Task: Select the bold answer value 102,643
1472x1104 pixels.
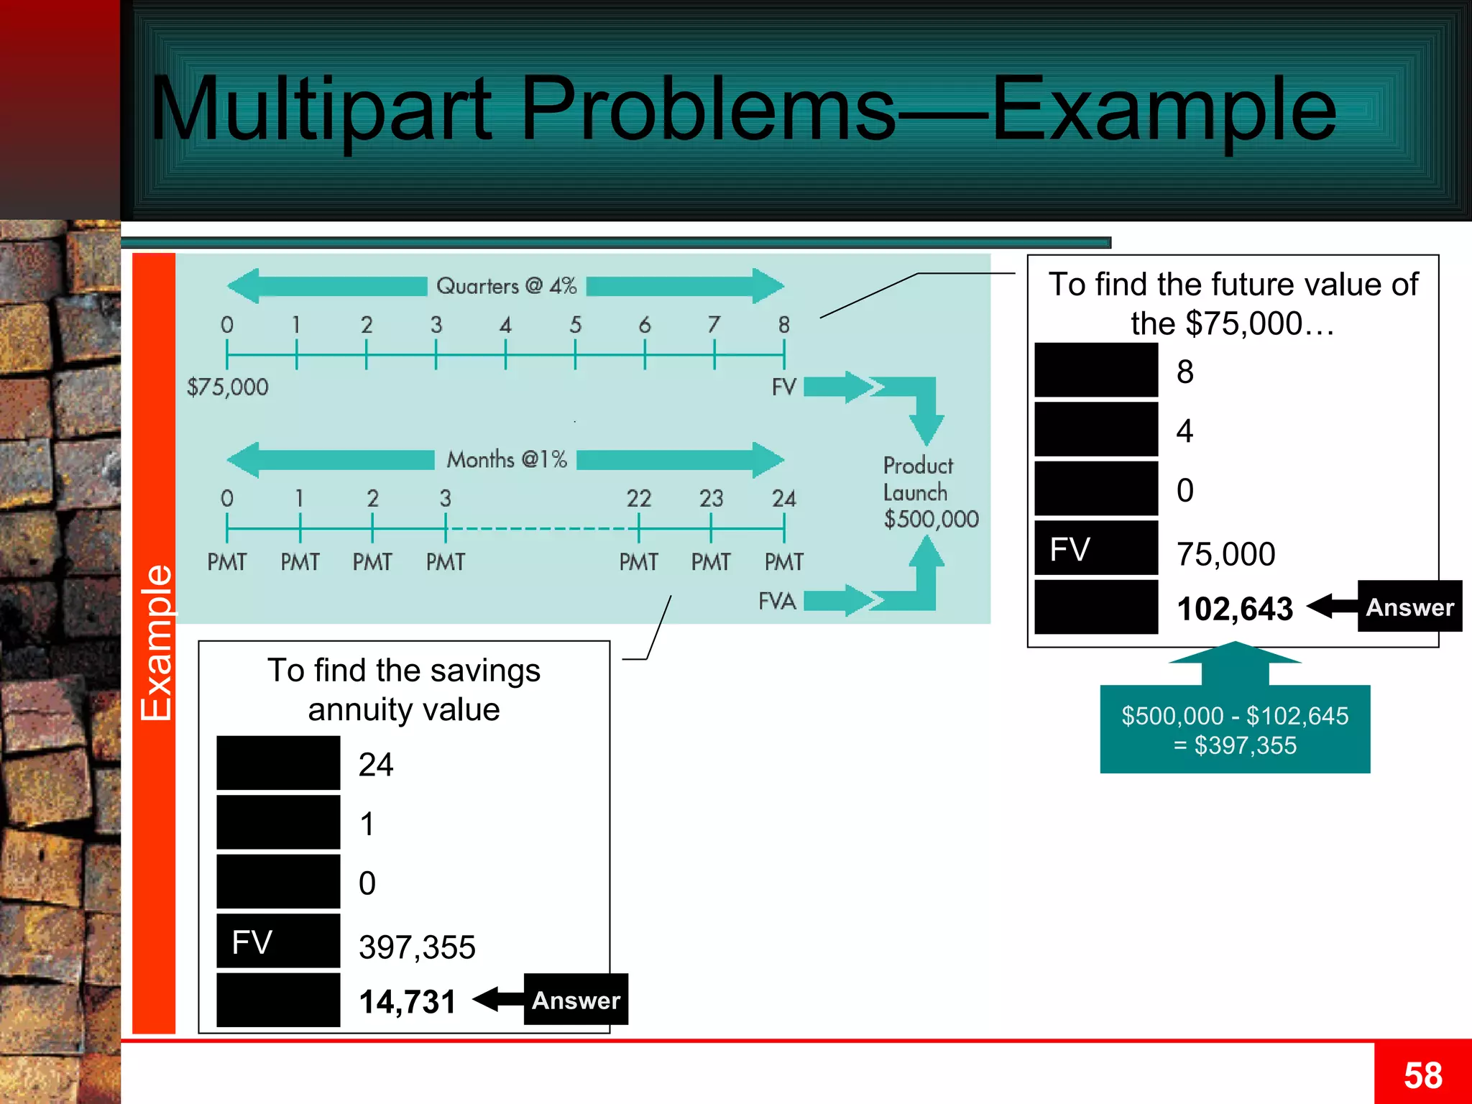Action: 1235,609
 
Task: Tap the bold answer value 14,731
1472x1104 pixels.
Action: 408,1002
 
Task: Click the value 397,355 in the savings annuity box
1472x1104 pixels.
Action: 417,947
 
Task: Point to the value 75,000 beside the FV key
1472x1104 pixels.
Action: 1225,554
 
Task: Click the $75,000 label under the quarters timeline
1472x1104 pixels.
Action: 227,387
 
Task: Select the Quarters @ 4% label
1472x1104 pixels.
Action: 507,286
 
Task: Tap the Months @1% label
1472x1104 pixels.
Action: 507,459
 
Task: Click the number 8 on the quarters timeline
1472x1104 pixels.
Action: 783,325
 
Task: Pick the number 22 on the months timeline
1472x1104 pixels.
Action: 638,498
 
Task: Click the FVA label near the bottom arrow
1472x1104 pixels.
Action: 777,601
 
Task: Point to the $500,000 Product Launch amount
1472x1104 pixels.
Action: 931,519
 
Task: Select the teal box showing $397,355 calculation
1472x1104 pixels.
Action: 1235,730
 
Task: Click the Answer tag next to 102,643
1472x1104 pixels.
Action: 1409,607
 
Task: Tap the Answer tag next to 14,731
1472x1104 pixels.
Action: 576,1000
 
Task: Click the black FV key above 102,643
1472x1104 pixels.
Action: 1096,549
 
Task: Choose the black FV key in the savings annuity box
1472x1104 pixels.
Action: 278,942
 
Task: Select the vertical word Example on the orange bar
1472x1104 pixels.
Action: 155,643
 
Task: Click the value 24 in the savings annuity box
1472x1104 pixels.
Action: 376,765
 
